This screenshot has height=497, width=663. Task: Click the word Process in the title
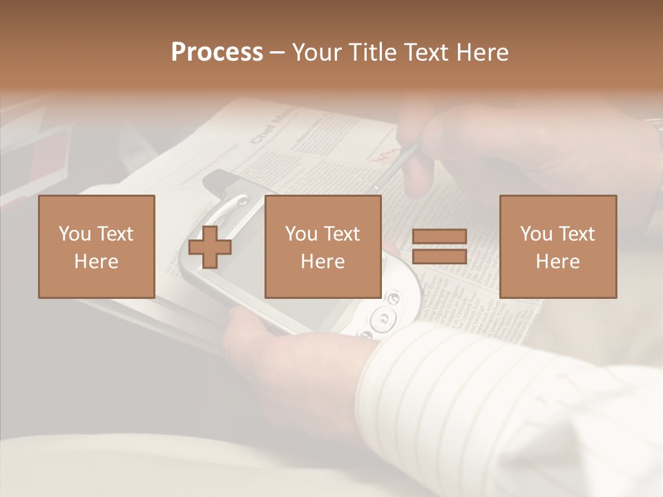pos(217,52)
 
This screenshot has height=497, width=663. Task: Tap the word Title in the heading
pos(374,52)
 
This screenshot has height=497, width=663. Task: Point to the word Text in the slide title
pos(426,52)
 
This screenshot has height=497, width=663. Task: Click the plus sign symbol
pos(210,246)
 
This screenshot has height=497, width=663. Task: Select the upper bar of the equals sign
pos(439,237)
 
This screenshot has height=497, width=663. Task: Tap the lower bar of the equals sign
pos(439,256)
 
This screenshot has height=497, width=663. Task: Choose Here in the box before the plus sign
pos(96,262)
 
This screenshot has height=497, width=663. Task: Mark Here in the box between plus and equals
pos(323,262)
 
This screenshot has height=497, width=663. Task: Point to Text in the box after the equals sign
pos(576,234)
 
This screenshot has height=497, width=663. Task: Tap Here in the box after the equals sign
pos(557,262)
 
